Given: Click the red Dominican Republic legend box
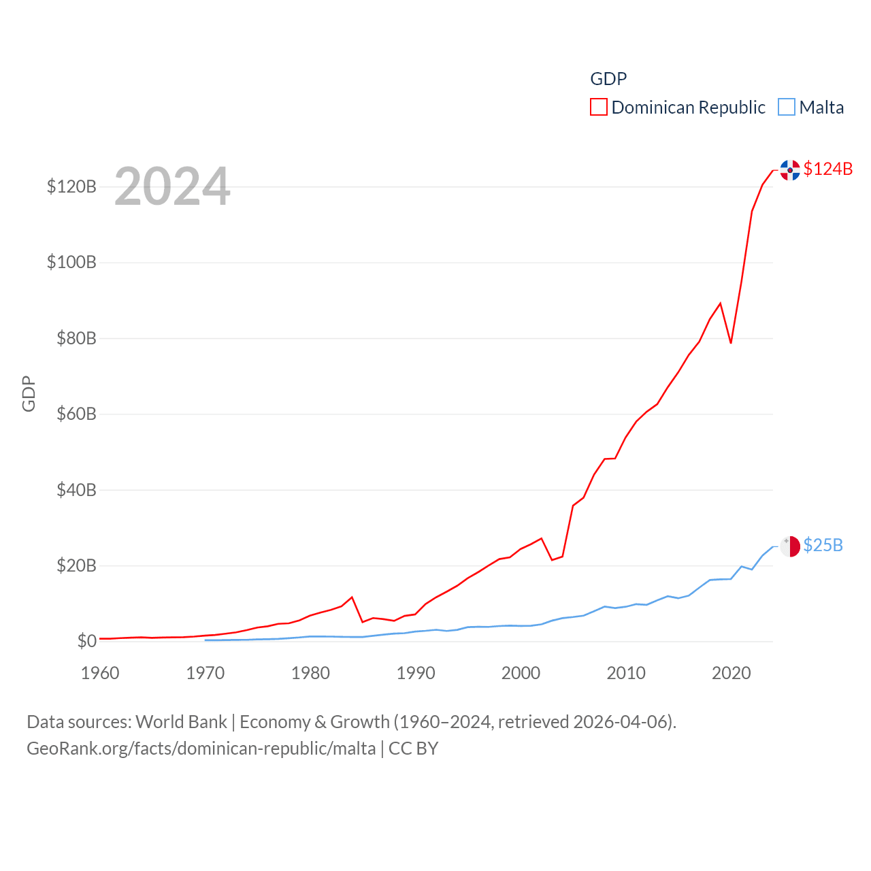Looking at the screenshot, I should pyautogui.click(x=599, y=108).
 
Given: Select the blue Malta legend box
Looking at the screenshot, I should pyautogui.click(x=787, y=108).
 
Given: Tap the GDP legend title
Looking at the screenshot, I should pyautogui.click(x=608, y=79).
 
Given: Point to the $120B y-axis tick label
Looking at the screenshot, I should pyautogui.click(x=71, y=186).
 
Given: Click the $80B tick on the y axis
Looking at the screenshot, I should pyautogui.click(x=76, y=338).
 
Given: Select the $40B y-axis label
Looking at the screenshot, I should pyautogui.click(x=76, y=490).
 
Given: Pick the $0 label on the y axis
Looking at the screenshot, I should pyautogui.click(x=86, y=641).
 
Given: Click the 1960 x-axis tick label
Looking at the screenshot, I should pyautogui.click(x=100, y=673).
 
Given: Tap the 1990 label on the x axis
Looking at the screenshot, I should pyautogui.click(x=416, y=673).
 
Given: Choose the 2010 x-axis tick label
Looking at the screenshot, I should pyautogui.click(x=626, y=673).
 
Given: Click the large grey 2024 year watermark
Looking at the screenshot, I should pyautogui.click(x=172, y=186).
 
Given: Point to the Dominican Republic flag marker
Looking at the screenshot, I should pyautogui.click(x=790, y=170).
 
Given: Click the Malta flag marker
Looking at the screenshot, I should pyautogui.click(x=790, y=546).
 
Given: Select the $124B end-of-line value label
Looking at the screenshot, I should pyautogui.click(x=827, y=169).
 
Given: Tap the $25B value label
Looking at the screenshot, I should pyautogui.click(x=823, y=545).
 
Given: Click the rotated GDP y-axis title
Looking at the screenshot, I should pyautogui.click(x=29, y=393).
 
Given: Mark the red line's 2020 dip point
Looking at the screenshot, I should pyautogui.click(x=731, y=342).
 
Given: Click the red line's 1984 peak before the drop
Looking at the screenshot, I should pyautogui.click(x=352, y=597).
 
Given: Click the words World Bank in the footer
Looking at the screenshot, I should pyautogui.click(x=182, y=721).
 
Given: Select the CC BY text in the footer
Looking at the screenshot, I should pyautogui.click(x=413, y=749).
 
